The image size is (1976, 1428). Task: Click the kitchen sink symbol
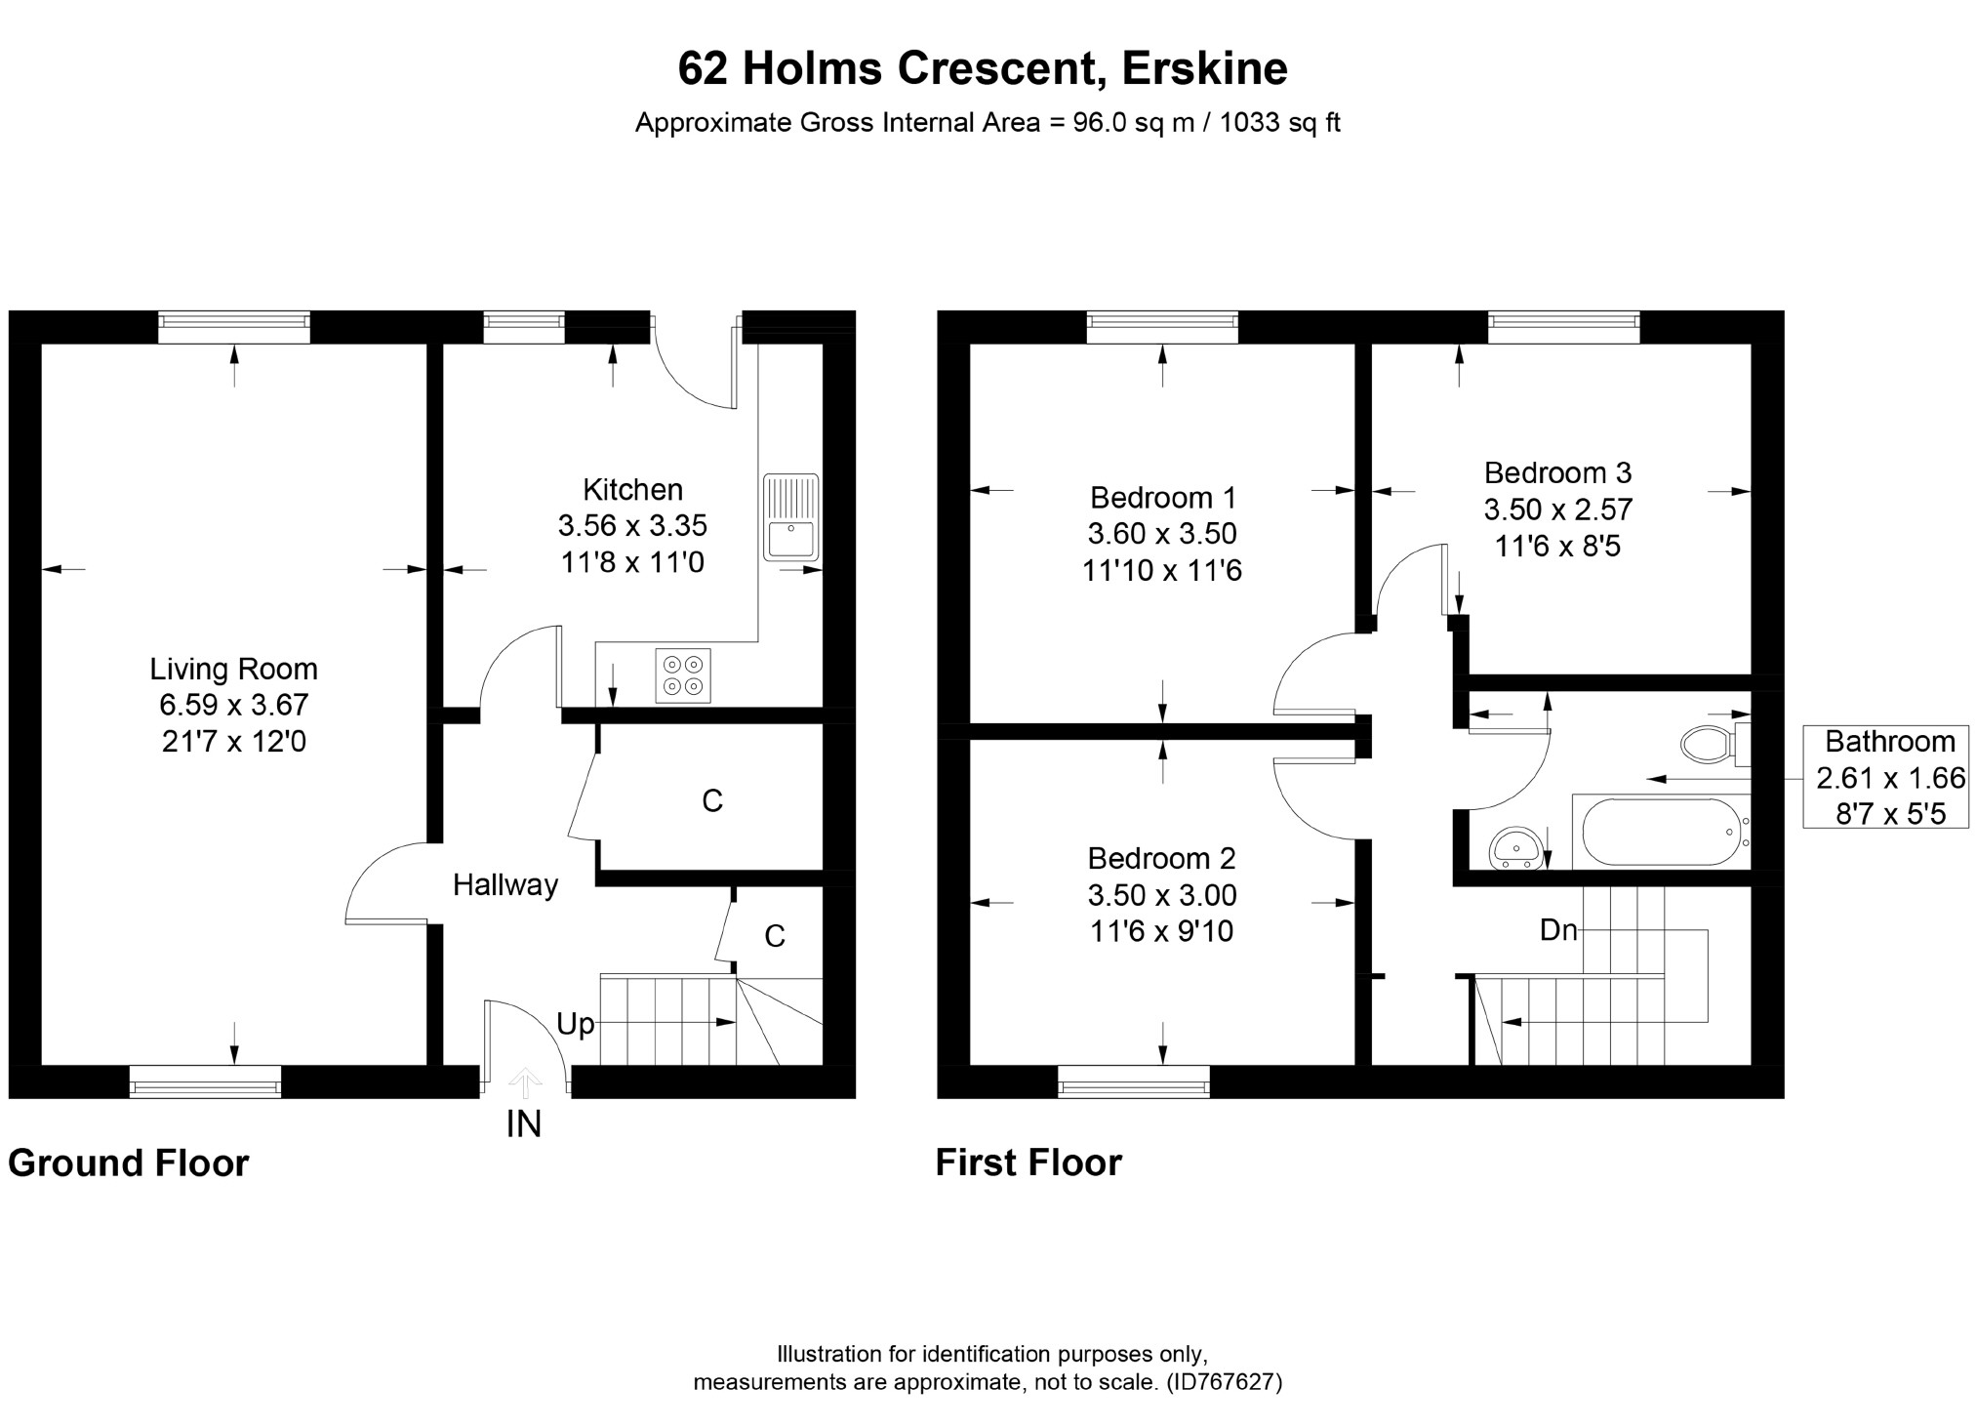(790, 516)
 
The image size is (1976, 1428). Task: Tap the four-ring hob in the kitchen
(683, 674)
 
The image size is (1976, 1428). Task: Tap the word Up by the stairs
(575, 1024)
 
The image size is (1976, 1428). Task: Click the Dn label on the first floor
(1558, 930)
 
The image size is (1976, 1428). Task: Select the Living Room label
(233, 669)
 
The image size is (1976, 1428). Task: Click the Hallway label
(505, 885)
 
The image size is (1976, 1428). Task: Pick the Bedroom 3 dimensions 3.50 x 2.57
(1557, 510)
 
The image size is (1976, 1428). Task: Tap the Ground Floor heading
(129, 1163)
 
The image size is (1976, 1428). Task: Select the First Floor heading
(1028, 1163)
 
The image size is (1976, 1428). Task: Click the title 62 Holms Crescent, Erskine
(983, 68)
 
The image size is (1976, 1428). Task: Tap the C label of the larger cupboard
(712, 800)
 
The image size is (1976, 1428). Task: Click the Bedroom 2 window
(1134, 1081)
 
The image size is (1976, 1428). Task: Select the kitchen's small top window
(524, 327)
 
